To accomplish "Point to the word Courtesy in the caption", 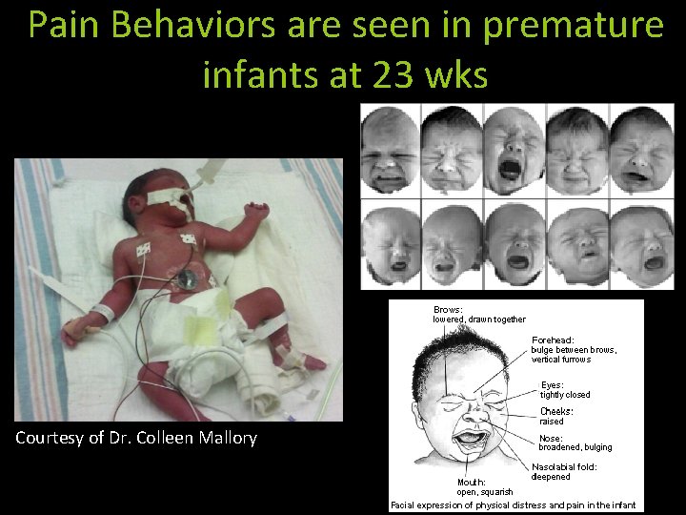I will point(50,439).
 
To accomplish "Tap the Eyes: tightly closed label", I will point(565,389).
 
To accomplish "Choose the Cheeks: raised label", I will point(556,416).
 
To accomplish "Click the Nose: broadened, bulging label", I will point(575,443).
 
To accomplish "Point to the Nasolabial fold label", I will point(564,471).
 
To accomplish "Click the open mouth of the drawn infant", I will point(471,441).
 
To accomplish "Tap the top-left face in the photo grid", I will point(390,149).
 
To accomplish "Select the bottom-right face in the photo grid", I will point(641,246).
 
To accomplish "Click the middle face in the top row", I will point(515,149).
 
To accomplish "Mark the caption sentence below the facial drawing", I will point(513,505).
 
